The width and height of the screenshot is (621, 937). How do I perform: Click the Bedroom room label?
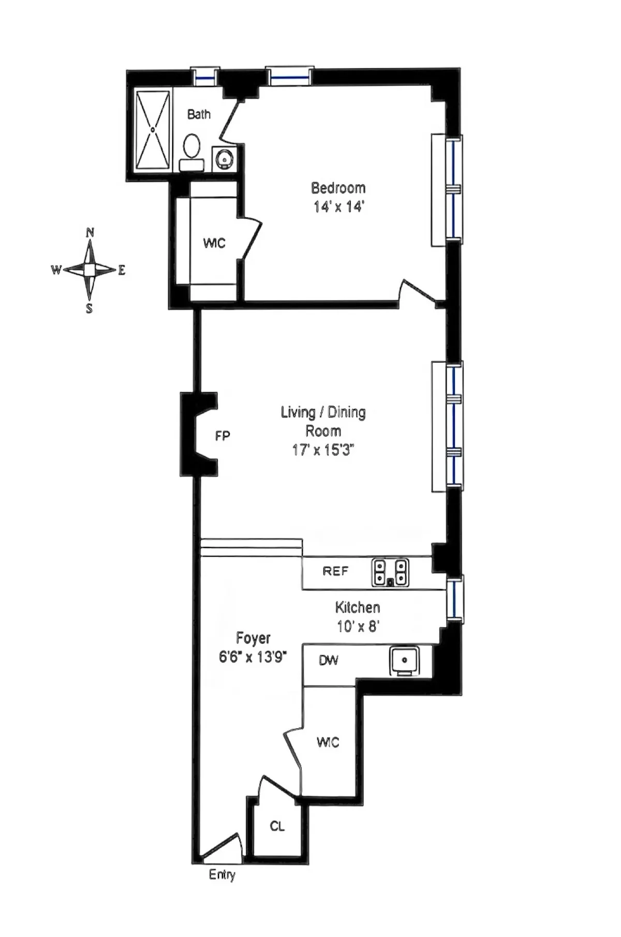(338, 187)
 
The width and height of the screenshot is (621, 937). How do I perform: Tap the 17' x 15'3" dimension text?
(323, 450)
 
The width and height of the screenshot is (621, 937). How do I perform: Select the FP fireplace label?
(223, 436)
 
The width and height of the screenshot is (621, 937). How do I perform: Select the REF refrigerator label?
(335, 571)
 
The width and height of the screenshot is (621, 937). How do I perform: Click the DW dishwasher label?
(329, 660)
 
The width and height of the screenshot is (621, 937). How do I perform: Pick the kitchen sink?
(405, 661)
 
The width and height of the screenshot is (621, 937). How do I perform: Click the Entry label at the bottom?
(222, 874)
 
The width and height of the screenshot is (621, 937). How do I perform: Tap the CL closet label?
(277, 826)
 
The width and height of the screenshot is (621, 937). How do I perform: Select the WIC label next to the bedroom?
(214, 243)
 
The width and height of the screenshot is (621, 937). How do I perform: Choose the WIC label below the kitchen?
(328, 742)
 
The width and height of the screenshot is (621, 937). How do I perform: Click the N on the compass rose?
(90, 232)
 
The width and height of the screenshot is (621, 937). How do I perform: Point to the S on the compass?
(90, 309)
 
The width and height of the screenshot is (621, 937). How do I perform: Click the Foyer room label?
(253, 638)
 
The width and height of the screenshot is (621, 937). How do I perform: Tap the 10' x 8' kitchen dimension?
(358, 627)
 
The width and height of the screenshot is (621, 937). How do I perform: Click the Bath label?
(199, 114)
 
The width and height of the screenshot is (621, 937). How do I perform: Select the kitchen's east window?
(454, 599)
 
